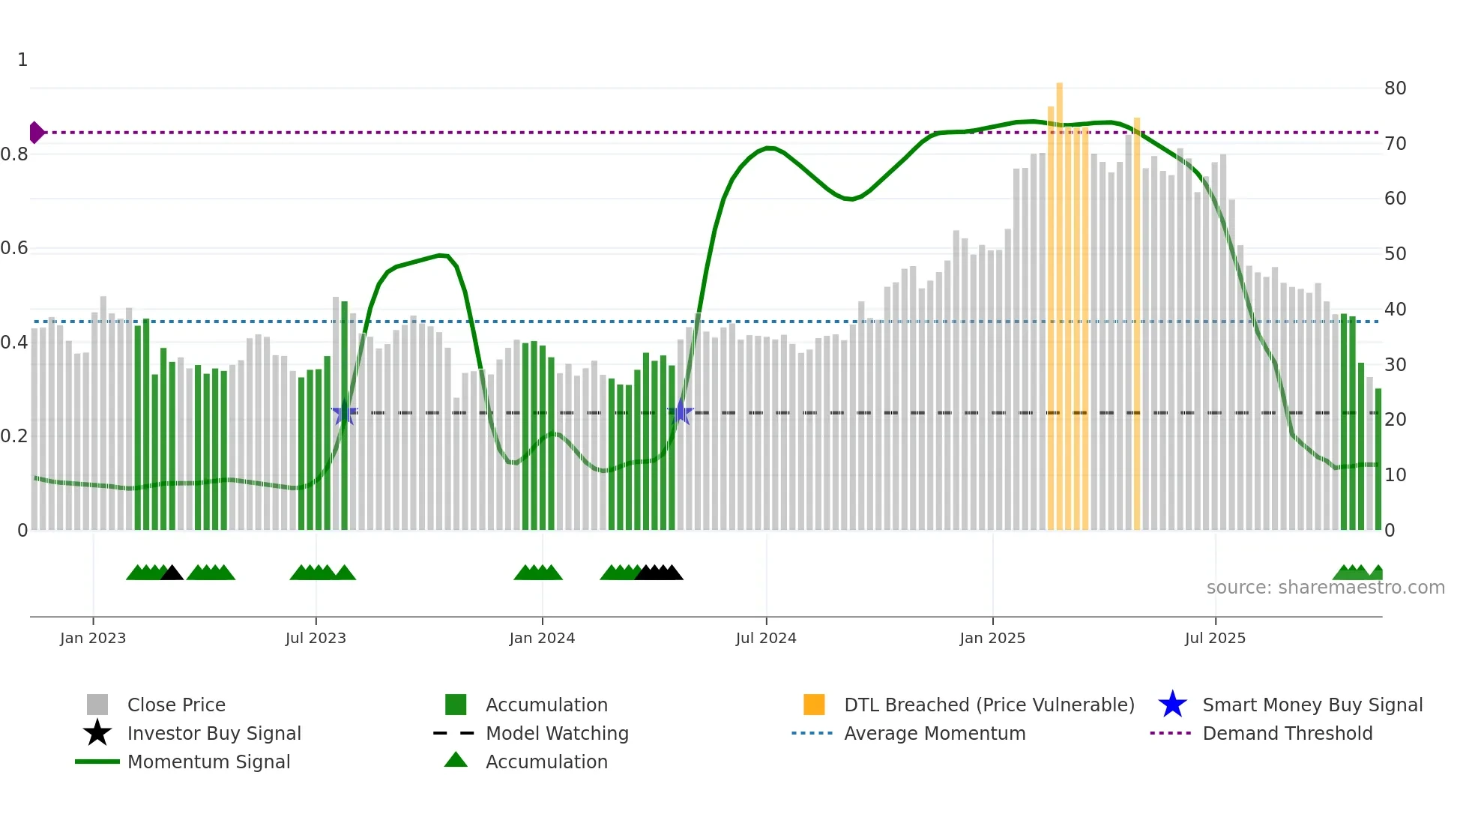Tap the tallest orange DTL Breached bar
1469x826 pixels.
[x=1059, y=300]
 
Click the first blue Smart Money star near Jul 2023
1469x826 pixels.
[x=344, y=413]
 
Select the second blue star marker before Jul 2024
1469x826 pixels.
[x=681, y=412]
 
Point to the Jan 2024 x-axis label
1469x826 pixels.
[x=542, y=639]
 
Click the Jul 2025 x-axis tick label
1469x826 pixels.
[x=1215, y=639]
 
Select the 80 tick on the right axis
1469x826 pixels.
[x=1395, y=88]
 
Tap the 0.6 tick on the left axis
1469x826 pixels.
[x=15, y=248]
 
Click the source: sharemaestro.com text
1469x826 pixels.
[x=1325, y=588]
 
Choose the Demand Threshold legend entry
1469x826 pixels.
[x=1287, y=734]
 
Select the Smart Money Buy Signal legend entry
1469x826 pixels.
[x=1312, y=705]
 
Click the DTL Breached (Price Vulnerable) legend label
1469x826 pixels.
[x=989, y=705]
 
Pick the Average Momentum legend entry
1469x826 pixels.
[x=934, y=734]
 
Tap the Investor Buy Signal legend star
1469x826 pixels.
[x=97, y=733]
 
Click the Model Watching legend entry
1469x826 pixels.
[x=556, y=734]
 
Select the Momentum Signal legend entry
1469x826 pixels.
[x=208, y=762]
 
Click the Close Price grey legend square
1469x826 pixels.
[x=97, y=705]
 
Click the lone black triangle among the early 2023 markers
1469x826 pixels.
[x=172, y=573]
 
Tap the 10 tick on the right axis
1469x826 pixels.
[x=1395, y=475]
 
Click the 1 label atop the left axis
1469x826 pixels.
[x=22, y=60]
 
